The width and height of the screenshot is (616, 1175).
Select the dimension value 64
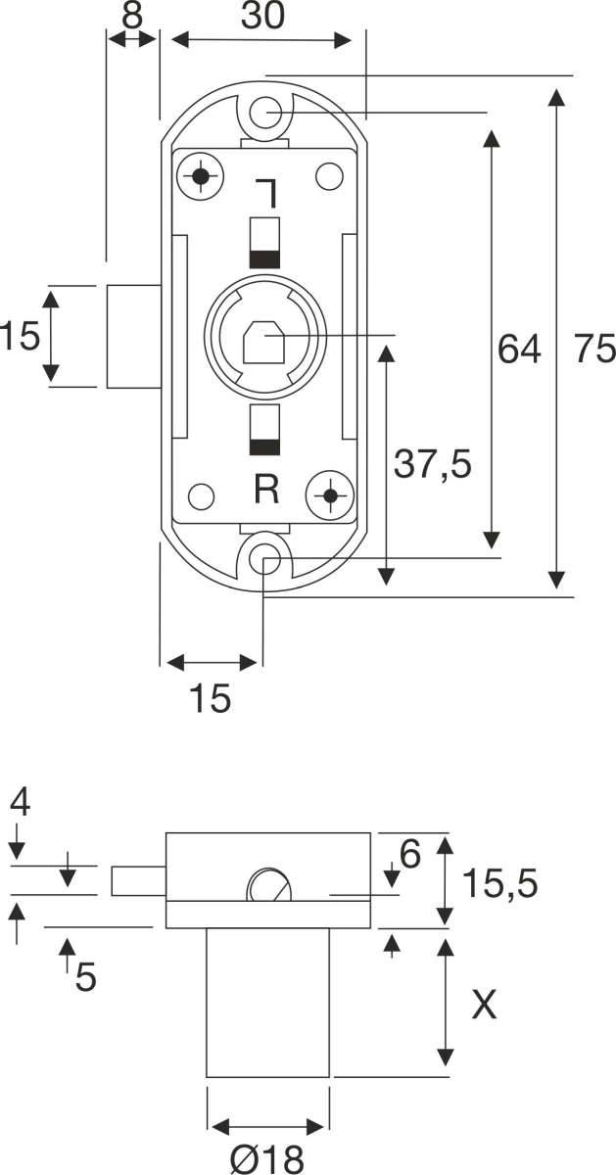pyautogui.click(x=519, y=349)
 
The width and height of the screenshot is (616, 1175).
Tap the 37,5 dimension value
pyautogui.click(x=433, y=464)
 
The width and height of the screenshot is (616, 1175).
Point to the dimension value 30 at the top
pyautogui.click(x=262, y=15)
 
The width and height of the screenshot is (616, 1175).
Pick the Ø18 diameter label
pyautogui.click(x=267, y=1159)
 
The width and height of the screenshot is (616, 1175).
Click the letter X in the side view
pyautogui.click(x=484, y=1005)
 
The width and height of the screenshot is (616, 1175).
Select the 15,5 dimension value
pyautogui.click(x=499, y=883)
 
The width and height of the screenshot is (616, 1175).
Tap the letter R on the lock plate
pyautogui.click(x=266, y=489)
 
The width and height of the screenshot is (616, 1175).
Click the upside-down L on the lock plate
pyautogui.click(x=267, y=193)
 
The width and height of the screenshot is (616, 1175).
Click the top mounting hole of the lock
pyautogui.click(x=264, y=113)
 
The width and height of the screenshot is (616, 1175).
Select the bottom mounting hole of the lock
pyautogui.click(x=264, y=560)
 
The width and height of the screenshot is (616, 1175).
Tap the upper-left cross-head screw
pyautogui.click(x=201, y=176)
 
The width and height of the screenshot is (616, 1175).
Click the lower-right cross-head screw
pyautogui.click(x=330, y=494)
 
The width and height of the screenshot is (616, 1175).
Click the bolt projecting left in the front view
pyautogui.click(x=134, y=337)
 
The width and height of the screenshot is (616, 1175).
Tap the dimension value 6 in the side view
pyautogui.click(x=409, y=854)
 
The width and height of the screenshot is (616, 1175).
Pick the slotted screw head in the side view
pyautogui.click(x=268, y=885)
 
